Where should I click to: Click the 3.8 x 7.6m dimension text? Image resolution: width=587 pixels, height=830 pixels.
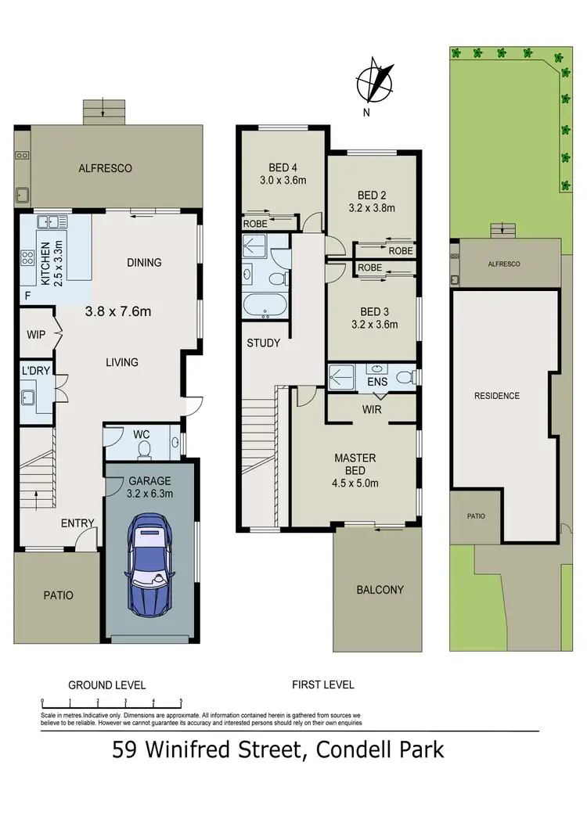(117, 311)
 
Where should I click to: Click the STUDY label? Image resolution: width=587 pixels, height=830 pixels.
(263, 343)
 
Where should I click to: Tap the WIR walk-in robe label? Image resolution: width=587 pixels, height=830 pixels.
(371, 408)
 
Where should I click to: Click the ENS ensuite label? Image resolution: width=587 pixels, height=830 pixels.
(376, 383)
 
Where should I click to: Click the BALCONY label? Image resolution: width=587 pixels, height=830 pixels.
(380, 590)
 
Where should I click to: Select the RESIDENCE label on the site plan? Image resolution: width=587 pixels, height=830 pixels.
(497, 396)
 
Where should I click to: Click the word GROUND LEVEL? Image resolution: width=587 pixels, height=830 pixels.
(106, 684)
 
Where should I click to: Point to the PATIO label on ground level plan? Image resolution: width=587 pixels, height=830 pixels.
(58, 595)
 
